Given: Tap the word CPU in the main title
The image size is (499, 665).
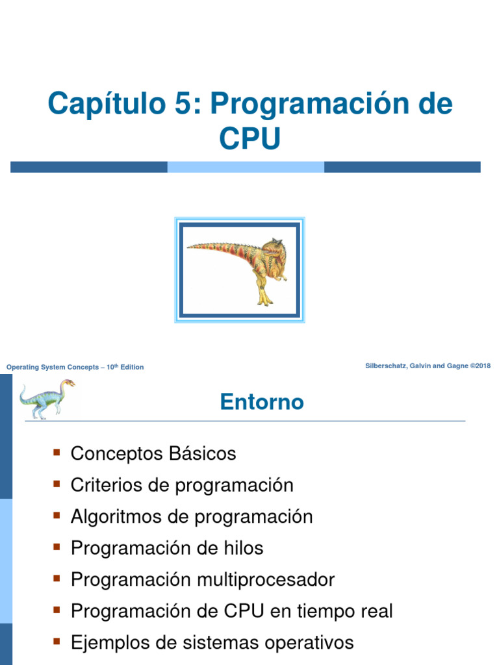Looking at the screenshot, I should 249,138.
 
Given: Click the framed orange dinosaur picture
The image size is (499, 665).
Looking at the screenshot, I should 240,270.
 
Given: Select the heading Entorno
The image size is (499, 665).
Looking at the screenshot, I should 262,402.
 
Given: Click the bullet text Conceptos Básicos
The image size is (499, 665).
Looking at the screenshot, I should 153,453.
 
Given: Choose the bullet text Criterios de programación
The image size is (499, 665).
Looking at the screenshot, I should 182,485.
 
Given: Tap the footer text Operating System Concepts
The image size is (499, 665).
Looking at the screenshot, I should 51,368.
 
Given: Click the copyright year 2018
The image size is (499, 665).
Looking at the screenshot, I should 482,366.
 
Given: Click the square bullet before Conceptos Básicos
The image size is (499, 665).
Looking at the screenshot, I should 57,451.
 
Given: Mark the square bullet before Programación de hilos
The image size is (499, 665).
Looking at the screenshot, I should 57,546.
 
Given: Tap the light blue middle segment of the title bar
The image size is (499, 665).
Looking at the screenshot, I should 246,167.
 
